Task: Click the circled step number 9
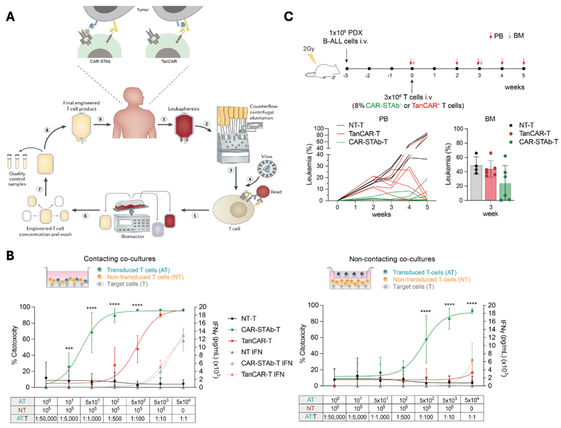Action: pos(101,119)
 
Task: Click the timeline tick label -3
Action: pos(345,75)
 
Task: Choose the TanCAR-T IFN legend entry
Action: pos(262,374)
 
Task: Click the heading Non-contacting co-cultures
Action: pos(392,259)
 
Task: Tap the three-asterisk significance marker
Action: pos(69,348)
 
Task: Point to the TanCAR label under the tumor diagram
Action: pos(169,61)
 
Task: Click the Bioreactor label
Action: pos(132,236)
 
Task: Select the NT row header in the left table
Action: pos(22,410)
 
